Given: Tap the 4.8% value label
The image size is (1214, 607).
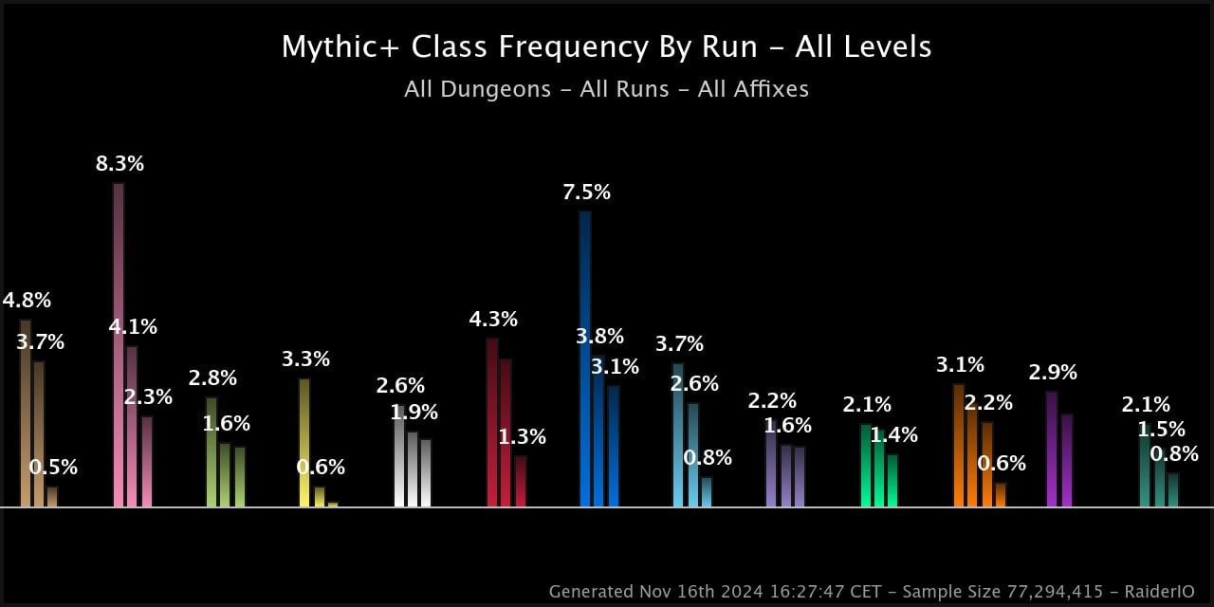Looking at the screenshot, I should (x=27, y=301).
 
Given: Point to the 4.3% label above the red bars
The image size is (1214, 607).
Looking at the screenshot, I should (x=493, y=320).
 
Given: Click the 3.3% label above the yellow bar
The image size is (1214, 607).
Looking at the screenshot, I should (x=305, y=359).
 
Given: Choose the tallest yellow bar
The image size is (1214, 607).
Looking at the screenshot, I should (x=304, y=442).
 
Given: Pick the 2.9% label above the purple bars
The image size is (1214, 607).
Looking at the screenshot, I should (x=1053, y=373).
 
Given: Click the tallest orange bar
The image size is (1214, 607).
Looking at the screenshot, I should (x=959, y=445).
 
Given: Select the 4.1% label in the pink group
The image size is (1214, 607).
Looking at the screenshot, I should (x=133, y=327).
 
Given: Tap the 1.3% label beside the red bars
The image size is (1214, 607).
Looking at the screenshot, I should (x=522, y=437).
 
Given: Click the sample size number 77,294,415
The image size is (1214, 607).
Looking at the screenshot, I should (x=1052, y=592).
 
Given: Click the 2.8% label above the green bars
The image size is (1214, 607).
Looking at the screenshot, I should (x=212, y=378).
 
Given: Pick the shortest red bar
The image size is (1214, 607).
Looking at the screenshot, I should (x=521, y=481).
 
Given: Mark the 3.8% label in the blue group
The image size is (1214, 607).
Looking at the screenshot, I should (x=599, y=337).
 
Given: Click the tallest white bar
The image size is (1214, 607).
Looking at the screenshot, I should (x=399, y=455).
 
